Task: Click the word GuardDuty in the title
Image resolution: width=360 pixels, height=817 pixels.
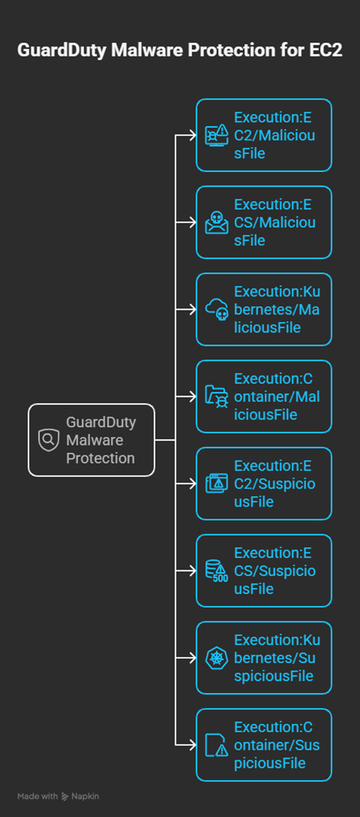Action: [x=61, y=50]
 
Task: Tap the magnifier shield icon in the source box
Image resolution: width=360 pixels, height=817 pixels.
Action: [x=48, y=440]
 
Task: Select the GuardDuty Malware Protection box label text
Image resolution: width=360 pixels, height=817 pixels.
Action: [x=101, y=440]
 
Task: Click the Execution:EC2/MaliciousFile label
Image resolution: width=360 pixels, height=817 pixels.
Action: [x=274, y=135]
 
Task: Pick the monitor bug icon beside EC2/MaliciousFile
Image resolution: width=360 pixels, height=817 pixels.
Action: [x=217, y=135]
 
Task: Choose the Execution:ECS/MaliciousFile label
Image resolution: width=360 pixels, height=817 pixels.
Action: [x=274, y=223]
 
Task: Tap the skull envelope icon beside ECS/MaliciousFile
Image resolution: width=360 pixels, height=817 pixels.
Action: [x=217, y=223]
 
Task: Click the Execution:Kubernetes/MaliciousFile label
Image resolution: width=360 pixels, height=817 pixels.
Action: [x=276, y=310]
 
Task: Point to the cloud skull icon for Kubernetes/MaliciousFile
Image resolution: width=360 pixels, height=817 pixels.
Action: [x=217, y=310]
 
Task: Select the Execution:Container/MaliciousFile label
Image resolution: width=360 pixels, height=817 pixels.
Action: [x=276, y=397]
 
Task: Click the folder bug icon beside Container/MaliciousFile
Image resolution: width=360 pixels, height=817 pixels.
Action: [x=217, y=397]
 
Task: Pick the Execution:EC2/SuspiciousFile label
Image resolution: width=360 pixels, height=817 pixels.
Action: [x=274, y=484]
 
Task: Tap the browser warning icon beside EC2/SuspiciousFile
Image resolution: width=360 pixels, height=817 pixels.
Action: [x=217, y=484]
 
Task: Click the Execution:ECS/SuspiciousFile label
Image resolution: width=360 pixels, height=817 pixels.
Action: [x=274, y=571]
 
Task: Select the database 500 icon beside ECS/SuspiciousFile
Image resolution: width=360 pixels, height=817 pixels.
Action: [x=217, y=571]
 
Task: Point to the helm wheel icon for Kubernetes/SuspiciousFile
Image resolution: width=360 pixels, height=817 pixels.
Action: [x=217, y=658]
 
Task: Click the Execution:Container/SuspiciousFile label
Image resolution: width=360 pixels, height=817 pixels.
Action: [x=276, y=745]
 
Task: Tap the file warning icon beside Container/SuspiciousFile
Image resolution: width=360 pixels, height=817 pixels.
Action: [x=217, y=745]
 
